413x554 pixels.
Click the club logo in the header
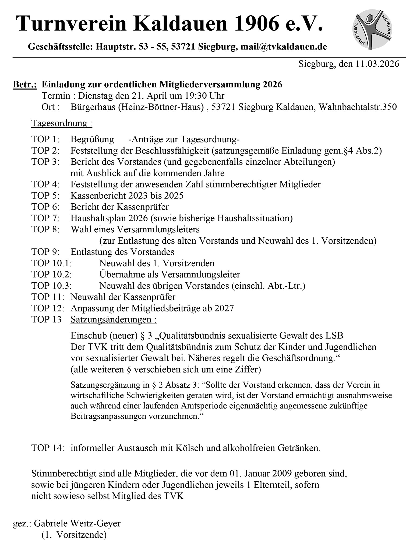point(372,29)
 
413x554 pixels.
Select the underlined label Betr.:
point(25,84)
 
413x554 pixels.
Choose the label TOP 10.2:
point(51,274)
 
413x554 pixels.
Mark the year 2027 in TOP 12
point(224,308)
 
